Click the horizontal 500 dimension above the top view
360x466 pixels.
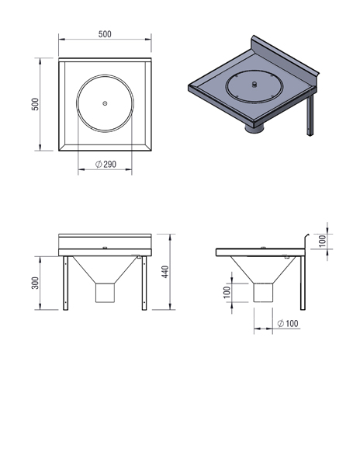click(x=105, y=34)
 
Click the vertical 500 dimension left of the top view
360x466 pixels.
click(x=35, y=104)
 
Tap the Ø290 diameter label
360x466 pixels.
click(x=106, y=164)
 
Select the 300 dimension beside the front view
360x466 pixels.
click(x=35, y=283)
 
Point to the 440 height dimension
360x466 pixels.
click(x=165, y=272)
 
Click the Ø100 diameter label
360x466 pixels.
click(x=288, y=323)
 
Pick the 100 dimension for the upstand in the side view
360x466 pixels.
click(x=322, y=241)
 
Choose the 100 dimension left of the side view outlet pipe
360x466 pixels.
click(x=227, y=293)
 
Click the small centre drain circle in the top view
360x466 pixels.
click(x=105, y=103)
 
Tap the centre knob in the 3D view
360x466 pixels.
click(x=254, y=85)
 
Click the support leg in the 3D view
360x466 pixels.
click(x=310, y=115)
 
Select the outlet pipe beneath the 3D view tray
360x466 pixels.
click(x=254, y=129)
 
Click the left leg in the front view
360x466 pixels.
click(x=66, y=283)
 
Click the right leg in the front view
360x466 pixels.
click(x=144, y=283)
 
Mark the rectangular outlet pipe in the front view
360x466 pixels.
click(x=105, y=293)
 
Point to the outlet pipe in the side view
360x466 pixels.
click(x=263, y=293)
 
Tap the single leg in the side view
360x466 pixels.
click(x=303, y=283)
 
